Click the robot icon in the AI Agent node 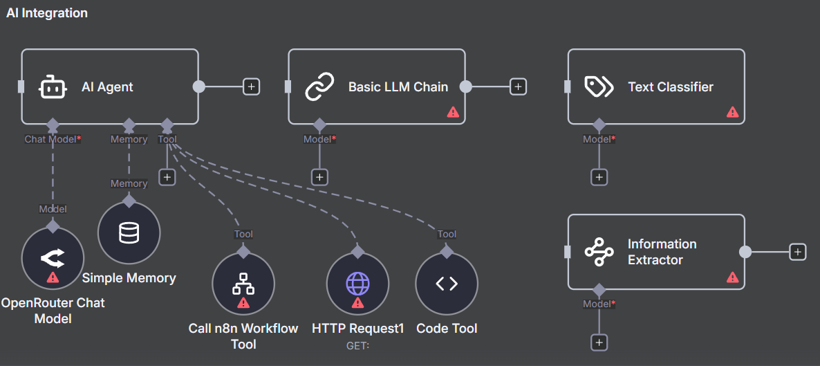(53, 87)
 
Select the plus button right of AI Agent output (252, 86)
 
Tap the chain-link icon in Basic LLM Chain (319, 87)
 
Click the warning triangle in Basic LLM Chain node (453, 112)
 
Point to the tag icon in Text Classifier (599, 87)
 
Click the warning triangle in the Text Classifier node (733, 112)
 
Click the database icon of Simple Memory (129, 234)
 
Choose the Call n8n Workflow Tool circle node (243, 284)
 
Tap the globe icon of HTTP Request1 (357, 283)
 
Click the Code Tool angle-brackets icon (447, 283)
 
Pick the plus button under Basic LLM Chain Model (319, 177)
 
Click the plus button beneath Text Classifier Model (599, 177)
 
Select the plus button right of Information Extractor (798, 252)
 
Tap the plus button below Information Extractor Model (599, 342)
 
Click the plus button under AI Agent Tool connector (167, 177)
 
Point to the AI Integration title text (47, 13)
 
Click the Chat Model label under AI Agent (51, 139)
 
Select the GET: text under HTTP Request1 (357, 345)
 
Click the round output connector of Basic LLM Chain (466, 86)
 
